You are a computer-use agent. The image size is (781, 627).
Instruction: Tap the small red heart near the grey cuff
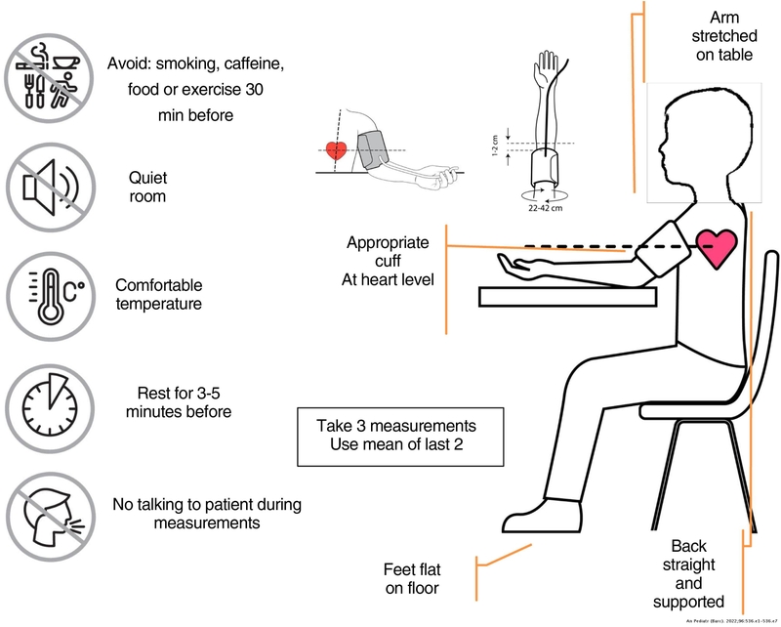tap(336, 151)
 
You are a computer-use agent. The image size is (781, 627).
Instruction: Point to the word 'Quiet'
tap(147, 179)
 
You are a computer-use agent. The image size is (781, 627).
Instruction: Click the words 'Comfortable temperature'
tap(158, 295)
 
